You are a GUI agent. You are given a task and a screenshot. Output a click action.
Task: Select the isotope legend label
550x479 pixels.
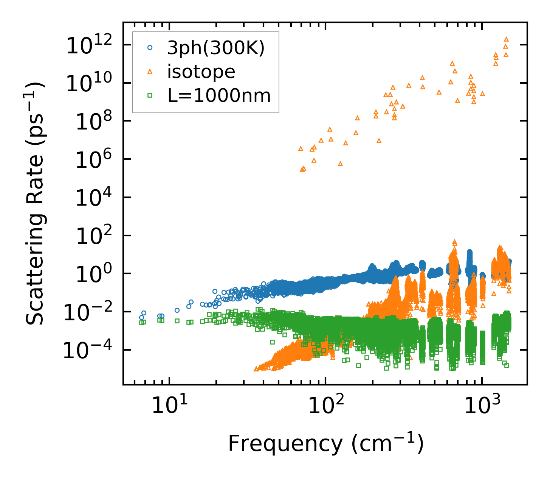tap(201, 72)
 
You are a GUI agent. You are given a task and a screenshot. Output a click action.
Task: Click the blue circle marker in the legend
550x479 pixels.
tap(150, 48)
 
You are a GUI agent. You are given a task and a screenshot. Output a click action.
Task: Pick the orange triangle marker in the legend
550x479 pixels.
tap(150, 71)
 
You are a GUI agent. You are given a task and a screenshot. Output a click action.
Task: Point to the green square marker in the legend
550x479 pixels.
tap(150, 95)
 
